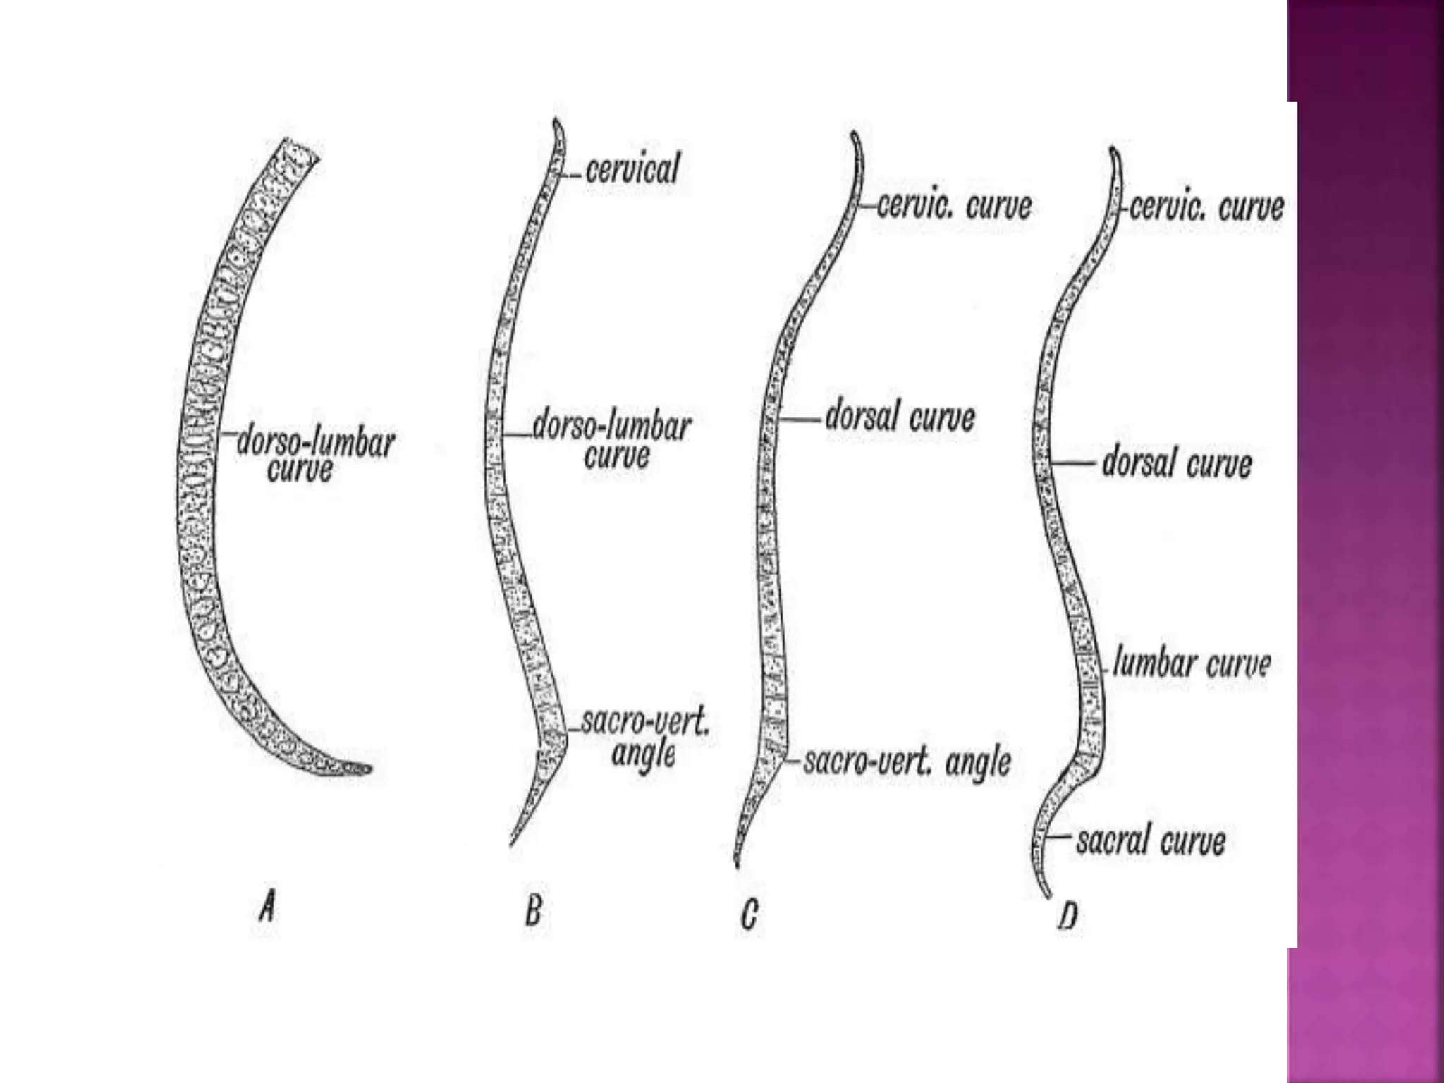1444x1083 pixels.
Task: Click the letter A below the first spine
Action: pos(266,905)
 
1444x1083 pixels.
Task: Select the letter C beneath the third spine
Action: pos(749,914)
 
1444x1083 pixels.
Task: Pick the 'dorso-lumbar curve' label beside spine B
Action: pos(611,441)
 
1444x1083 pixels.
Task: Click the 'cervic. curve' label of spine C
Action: pos(954,206)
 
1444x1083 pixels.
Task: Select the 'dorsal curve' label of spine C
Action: pos(900,418)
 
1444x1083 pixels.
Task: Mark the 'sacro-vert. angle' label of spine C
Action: pos(907,762)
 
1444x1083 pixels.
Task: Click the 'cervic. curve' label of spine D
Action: pos(1206,207)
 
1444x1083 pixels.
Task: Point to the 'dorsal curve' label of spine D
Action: pos(1176,464)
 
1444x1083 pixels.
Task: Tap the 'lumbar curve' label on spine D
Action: pos(1191,664)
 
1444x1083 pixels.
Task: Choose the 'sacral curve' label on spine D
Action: pos(1151,840)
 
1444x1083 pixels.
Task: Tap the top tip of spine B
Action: pos(556,121)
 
